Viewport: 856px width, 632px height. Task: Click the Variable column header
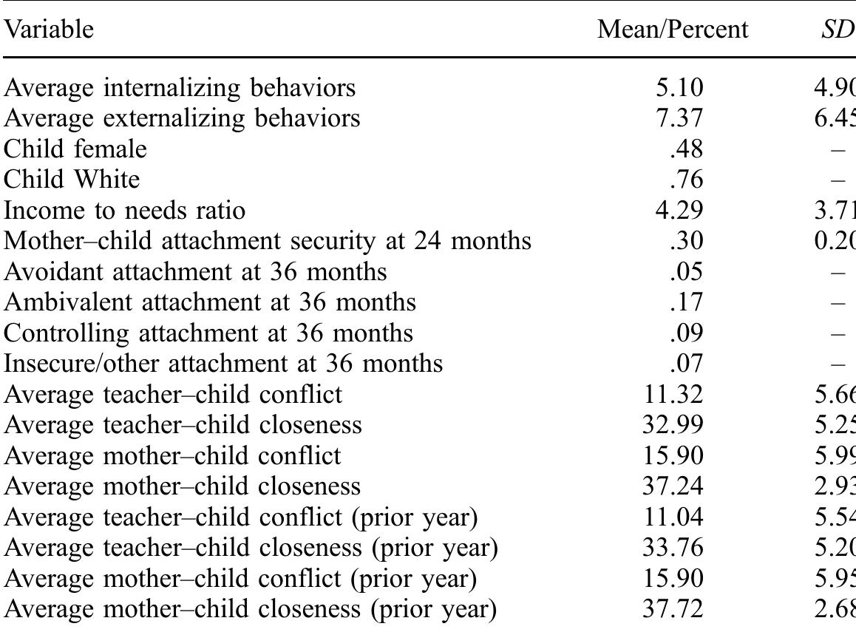point(50,30)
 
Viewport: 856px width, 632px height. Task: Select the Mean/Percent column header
point(673,30)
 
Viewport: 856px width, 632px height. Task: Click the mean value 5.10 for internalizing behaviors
point(680,88)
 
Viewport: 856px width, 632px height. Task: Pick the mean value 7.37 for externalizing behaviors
point(680,118)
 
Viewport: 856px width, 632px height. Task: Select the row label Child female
point(75,149)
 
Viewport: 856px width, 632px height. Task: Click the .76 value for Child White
point(687,180)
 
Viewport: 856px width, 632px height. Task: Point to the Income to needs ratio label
point(125,211)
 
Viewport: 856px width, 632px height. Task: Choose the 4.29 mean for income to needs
point(680,211)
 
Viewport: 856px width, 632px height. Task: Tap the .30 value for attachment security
point(687,241)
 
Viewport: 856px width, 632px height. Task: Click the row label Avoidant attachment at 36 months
point(195,272)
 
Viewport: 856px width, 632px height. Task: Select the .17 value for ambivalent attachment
point(687,302)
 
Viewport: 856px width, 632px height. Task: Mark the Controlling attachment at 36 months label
point(208,333)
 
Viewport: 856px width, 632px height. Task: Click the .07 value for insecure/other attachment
point(687,364)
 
